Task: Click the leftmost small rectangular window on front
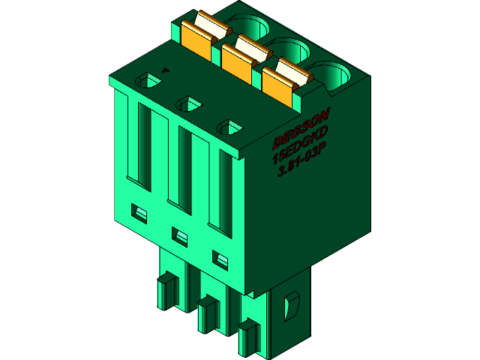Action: pyautogui.click(x=139, y=214)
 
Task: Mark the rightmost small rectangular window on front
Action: pyautogui.click(x=220, y=260)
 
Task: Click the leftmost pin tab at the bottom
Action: pyautogui.click(x=166, y=293)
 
